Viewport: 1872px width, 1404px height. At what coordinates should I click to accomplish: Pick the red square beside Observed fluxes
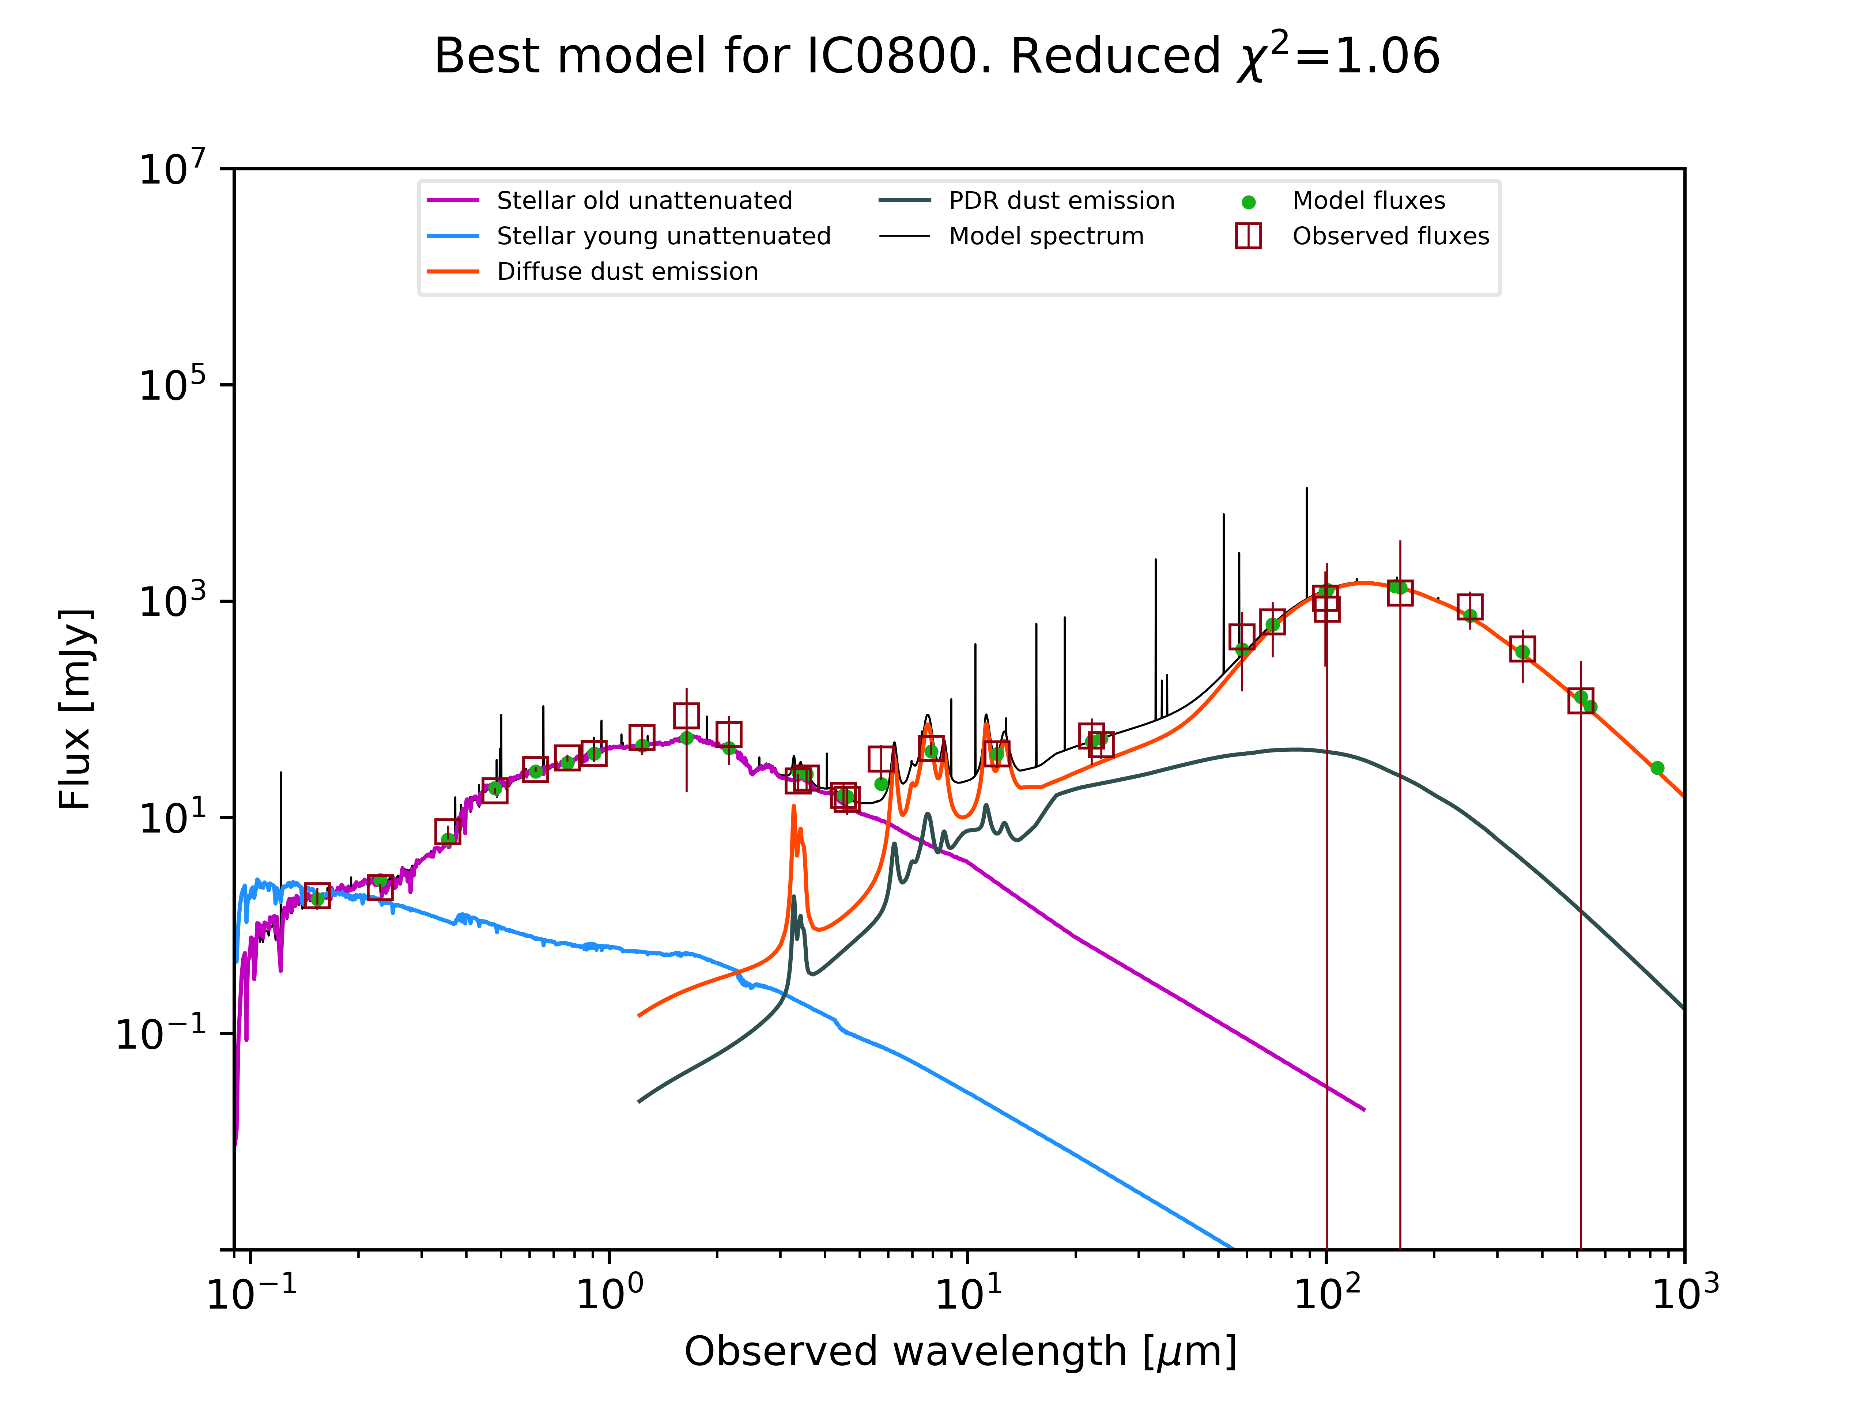[1248, 236]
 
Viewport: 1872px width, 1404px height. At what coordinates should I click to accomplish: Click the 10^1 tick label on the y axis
[172, 818]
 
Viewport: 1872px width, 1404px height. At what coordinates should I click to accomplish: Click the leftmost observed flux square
[317, 895]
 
